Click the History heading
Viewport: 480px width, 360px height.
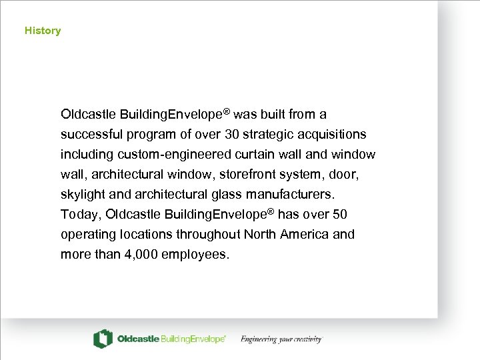[x=43, y=31]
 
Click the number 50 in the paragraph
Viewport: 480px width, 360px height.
[x=340, y=215]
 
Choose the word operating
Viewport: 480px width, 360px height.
[x=87, y=235]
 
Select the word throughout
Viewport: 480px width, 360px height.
[x=209, y=235]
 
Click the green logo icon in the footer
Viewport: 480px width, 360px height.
[x=103, y=339]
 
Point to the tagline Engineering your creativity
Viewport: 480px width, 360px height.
[x=281, y=339]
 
